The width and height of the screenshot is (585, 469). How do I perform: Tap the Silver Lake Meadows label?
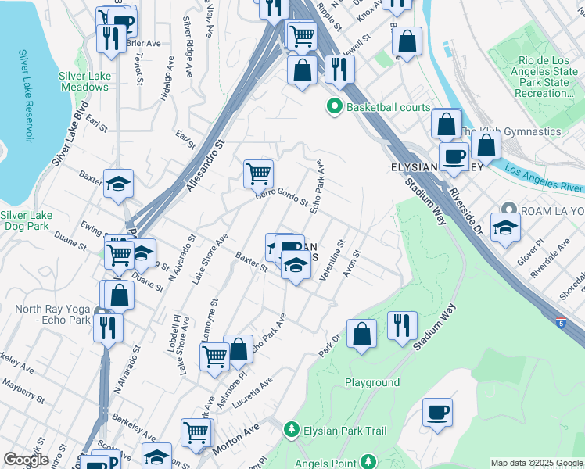coord(83,81)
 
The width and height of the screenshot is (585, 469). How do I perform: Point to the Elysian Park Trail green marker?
coord(291,430)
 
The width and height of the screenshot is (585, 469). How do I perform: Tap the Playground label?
coord(372,382)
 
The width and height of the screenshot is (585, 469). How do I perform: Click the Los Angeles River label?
coord(543,178)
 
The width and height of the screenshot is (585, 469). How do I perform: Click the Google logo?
coord(26,460)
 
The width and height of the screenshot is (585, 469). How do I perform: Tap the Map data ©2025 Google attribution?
coord(537,463)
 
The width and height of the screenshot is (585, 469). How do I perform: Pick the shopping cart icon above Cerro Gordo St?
coord(258,174)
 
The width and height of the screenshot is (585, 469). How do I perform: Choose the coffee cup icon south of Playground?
coord(437,412)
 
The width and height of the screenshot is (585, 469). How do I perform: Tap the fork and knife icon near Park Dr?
coord(402,325)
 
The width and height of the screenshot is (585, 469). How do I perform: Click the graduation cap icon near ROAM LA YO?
coord(505,228)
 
